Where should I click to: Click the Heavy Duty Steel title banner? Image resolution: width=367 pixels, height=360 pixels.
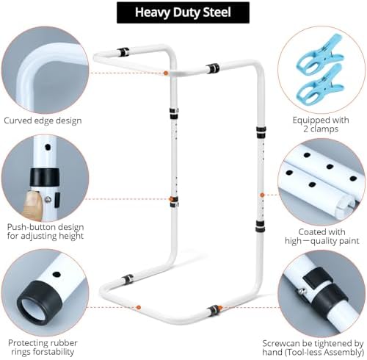(x=183, y=12)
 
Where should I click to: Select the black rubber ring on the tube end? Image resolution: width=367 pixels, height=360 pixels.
(x=40, y=302)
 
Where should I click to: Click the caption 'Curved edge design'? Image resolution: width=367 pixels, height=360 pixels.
(x=43, y=120)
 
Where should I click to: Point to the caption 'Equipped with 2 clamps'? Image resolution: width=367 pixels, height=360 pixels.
(x=321, y=124)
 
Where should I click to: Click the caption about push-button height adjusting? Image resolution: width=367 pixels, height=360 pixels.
(x=46, y=231)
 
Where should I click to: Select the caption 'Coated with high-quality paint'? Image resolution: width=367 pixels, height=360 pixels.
(x=321, y=237)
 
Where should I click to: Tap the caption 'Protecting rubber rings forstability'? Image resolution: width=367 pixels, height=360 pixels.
(x=43, y=348)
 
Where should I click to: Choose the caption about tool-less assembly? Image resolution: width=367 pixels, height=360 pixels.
(x=313, y=348)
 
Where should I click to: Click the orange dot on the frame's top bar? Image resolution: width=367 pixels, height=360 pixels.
(x=166, y=73)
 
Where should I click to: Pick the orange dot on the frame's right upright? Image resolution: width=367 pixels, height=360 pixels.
(x=262, y=195)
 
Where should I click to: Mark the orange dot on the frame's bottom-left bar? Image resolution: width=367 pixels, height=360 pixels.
(x=139, y=307)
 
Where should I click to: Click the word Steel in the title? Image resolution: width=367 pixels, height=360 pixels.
(x=217, y=12)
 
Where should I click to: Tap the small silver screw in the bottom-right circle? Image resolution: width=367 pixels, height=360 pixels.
(x=302, y=291)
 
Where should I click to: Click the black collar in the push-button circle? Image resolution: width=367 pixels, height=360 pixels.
(x=44, y=177)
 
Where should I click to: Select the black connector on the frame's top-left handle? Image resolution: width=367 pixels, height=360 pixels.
(x=123, y=52)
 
